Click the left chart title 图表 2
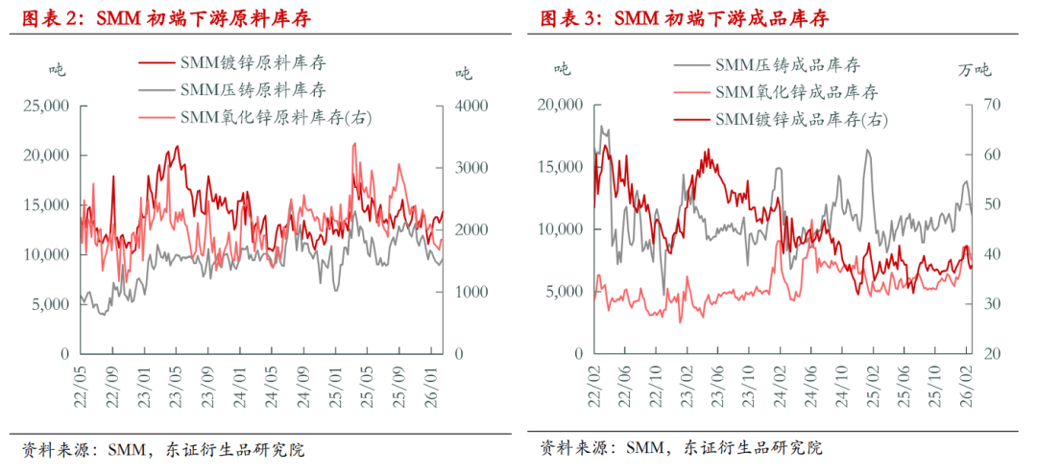pyautogui.click(x=167, y=18)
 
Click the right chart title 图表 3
pyautogui.click(x=684, y=18)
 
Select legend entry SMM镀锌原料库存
pyautogui.click(x=253, y=63)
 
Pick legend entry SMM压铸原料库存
pyautogui.click(x=253, y=90)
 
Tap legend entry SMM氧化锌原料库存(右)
pyautogui.click(x=276, y=117)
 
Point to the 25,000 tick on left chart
pyautogui.click(x=45, y=106)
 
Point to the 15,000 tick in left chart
pyautogui.click(x=45, y=204)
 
